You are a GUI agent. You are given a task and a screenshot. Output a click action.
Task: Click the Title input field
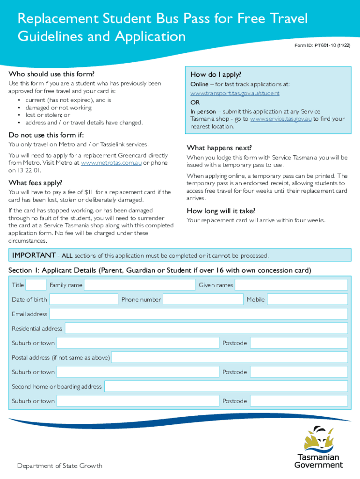(x=36, y=285)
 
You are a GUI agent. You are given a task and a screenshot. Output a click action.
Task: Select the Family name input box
(x=139, y=285)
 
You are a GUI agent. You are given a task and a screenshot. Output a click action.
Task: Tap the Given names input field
(x=291, y=285)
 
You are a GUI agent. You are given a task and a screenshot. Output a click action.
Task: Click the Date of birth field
(x=84, y=299)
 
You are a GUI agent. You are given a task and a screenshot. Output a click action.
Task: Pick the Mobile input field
(x=307, y=299)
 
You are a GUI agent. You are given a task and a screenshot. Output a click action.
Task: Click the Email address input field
(x=198, y=314)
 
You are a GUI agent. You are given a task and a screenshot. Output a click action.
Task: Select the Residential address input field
(x=206, y=328)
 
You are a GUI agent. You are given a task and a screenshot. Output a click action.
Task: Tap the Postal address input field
(x=229, y=357)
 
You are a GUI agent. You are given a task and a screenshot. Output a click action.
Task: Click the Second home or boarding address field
(x=226, y=386)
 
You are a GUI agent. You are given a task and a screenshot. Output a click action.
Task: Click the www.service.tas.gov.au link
(x=281, y=119)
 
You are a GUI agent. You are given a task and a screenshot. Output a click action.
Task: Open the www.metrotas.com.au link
(x=111, y=163)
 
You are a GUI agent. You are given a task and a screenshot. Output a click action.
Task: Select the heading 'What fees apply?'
(x=35, y=182)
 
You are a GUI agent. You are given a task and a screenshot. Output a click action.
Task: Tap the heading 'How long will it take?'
(x=221, y=210)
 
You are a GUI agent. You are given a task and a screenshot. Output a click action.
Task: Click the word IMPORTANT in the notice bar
(x=33, y=255)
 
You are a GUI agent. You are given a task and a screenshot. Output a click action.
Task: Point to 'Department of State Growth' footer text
(x=60, y=465)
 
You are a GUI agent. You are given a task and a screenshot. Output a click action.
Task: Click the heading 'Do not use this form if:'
(x=46, y=135)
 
